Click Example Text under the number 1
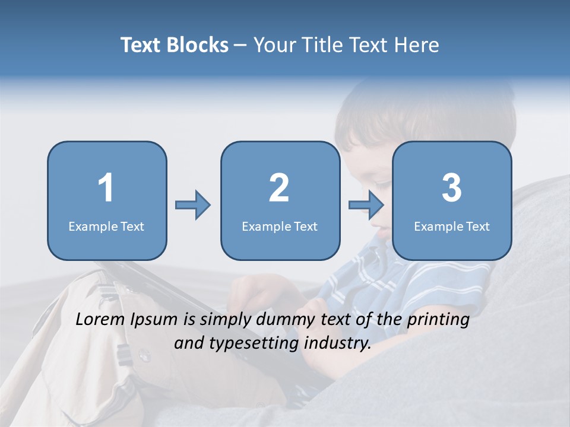point(106,226)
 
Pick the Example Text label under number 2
point(280,226)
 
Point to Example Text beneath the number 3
point(452,226)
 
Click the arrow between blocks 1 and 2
point(193,205)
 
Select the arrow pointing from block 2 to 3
point(366,205)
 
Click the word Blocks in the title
point(198,45)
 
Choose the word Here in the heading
point(418,45)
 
